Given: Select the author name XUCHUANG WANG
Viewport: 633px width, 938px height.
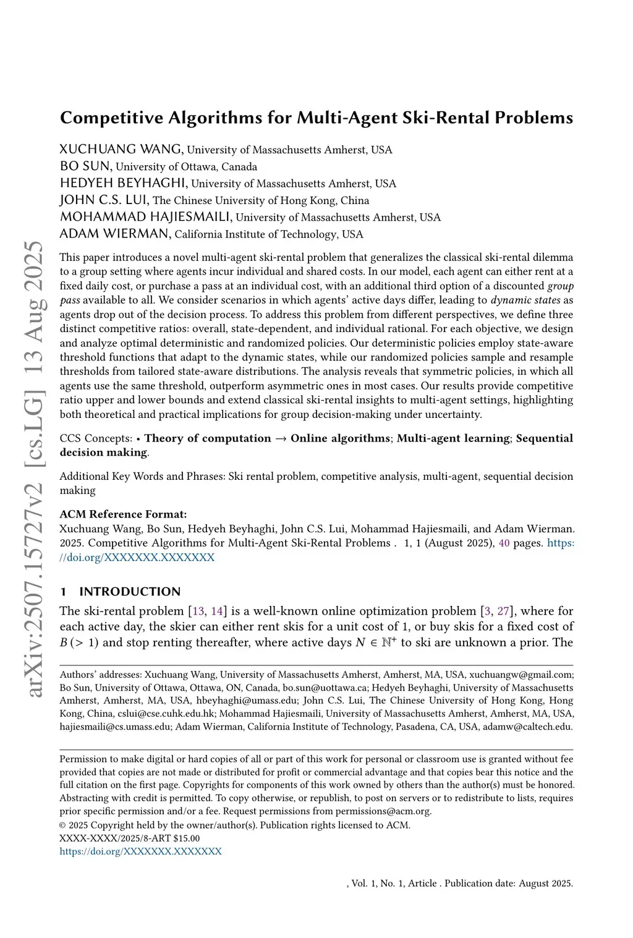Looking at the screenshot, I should coord(121,150).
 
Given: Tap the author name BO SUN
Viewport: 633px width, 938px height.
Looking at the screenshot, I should coord(85,166).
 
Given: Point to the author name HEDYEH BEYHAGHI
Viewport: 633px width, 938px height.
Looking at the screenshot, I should coord(123,183).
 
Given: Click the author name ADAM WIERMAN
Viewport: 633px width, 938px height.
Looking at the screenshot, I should coord(114,234).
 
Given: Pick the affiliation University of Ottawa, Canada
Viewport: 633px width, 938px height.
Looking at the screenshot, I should coord(187,167).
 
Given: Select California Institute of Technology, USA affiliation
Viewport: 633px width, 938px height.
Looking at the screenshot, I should coord(269,234).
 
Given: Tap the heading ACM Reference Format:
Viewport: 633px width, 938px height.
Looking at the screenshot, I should coord(123,514).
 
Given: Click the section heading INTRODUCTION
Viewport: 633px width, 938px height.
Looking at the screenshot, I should coord(130,592).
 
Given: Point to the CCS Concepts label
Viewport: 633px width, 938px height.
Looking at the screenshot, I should coord(96,438).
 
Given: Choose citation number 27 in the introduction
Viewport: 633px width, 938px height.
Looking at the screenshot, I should coord(504,612).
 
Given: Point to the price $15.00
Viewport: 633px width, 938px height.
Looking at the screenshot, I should coord(187,838).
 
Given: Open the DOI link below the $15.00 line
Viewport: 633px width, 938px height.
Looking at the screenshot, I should coord(140,851).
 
